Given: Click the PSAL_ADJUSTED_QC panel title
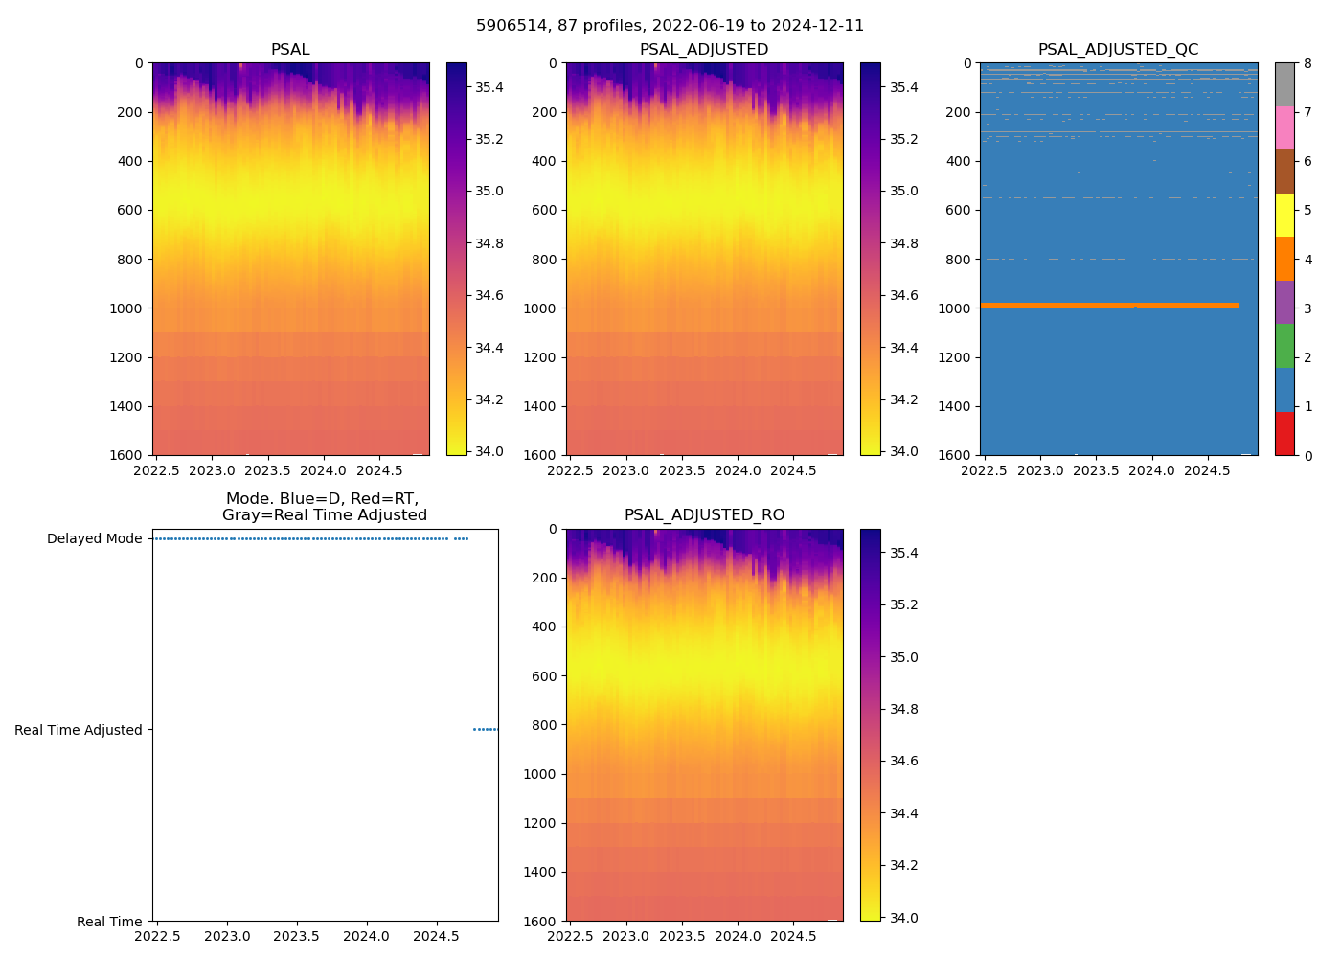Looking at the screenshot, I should point(1118,50).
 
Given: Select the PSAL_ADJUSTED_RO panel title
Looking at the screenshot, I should point(704,515).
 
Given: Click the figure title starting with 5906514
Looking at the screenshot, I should point(670,26).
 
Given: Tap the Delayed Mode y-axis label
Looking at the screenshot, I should point(94,538).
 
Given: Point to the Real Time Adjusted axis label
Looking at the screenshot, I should point(79,730).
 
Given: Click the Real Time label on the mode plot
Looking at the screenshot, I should point(109,922).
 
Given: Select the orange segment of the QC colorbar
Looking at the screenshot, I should point(1284,259).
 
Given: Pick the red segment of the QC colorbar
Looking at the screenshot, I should point(1284,434).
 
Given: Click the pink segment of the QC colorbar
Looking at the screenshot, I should point(1284,127).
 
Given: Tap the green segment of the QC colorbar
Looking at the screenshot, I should point(1284,346).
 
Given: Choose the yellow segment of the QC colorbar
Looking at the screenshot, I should point(1284,215).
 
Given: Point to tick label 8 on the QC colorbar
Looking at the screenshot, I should point(1307,63).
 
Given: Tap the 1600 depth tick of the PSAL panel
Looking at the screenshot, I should point(130,455).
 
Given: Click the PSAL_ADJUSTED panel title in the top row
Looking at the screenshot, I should point(704,50).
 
